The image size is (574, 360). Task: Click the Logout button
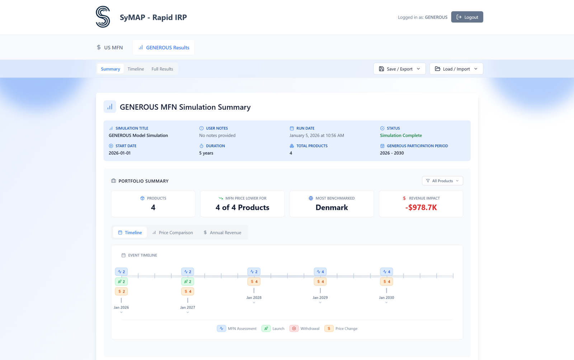point(467,17)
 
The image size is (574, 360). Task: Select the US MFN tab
point(110,47)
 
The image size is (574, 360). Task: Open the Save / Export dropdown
point(399,69)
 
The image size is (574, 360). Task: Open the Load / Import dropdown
point(456,69)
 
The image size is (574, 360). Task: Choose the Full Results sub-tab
point(162,69)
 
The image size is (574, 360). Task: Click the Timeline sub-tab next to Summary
point(136,69)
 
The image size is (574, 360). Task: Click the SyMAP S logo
point(103,17)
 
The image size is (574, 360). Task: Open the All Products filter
point(442,181)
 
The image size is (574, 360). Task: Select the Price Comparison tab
point(173,232)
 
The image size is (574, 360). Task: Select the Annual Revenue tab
point(222,232)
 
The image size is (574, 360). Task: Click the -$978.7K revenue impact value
point(421,207)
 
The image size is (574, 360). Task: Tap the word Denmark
point(331,207)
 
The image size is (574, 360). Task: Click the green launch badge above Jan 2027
point(188,281)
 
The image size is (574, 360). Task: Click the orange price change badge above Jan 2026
point(121,292)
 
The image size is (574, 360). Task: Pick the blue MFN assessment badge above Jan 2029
point(320,271)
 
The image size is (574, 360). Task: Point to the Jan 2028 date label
point(254,298)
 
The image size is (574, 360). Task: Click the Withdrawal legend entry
point(305,328)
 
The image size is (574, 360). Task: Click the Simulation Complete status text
point(401,135)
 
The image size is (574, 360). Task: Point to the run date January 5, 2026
point(316,135)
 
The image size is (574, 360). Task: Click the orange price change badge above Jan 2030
point(386,281)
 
